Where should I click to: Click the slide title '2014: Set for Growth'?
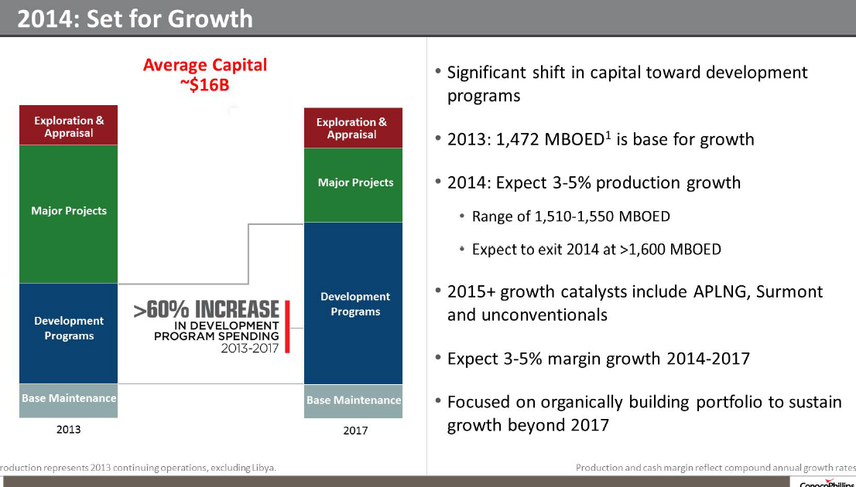pyautogui.click(x=135, y=18)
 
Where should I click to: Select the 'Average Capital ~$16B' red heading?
pyautogui.click(x=204, y=74)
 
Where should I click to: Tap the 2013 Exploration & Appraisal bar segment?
pyautogui.click(x=69, y=125)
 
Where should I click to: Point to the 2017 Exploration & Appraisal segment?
pyautogui.click(x=352, y=128)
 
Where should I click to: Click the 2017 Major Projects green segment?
pyautogui.click(x=354, y=184)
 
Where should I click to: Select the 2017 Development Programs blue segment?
pyautogui.click(x=354, y=303)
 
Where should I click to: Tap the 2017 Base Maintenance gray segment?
pyautogui.click(x=354, y=400)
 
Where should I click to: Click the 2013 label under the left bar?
pyautogui.click(x=69, y=430)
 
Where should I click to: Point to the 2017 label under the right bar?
pyautogui.click(x=355, y=431)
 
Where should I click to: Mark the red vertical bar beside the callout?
pyautogui.click(x=287, y=325)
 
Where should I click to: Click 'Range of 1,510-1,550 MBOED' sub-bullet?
pyautogui.click(x=570, y=216)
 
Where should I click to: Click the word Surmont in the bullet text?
pyautogui.click(x=789, y=292)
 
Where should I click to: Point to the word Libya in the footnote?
pyautogui.click(x=259, y=468)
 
